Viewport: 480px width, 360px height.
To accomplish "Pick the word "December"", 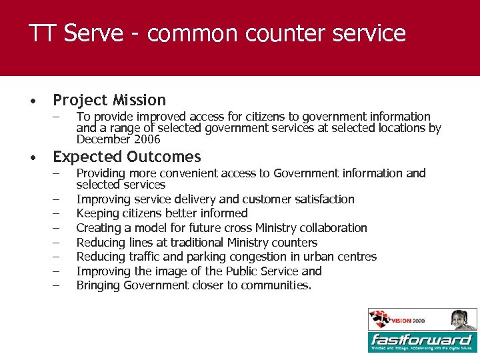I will [x=103, y=139].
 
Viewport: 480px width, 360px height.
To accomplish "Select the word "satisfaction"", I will [x=319, y=199].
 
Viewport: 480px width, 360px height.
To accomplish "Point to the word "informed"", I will [x=225, y=213].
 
